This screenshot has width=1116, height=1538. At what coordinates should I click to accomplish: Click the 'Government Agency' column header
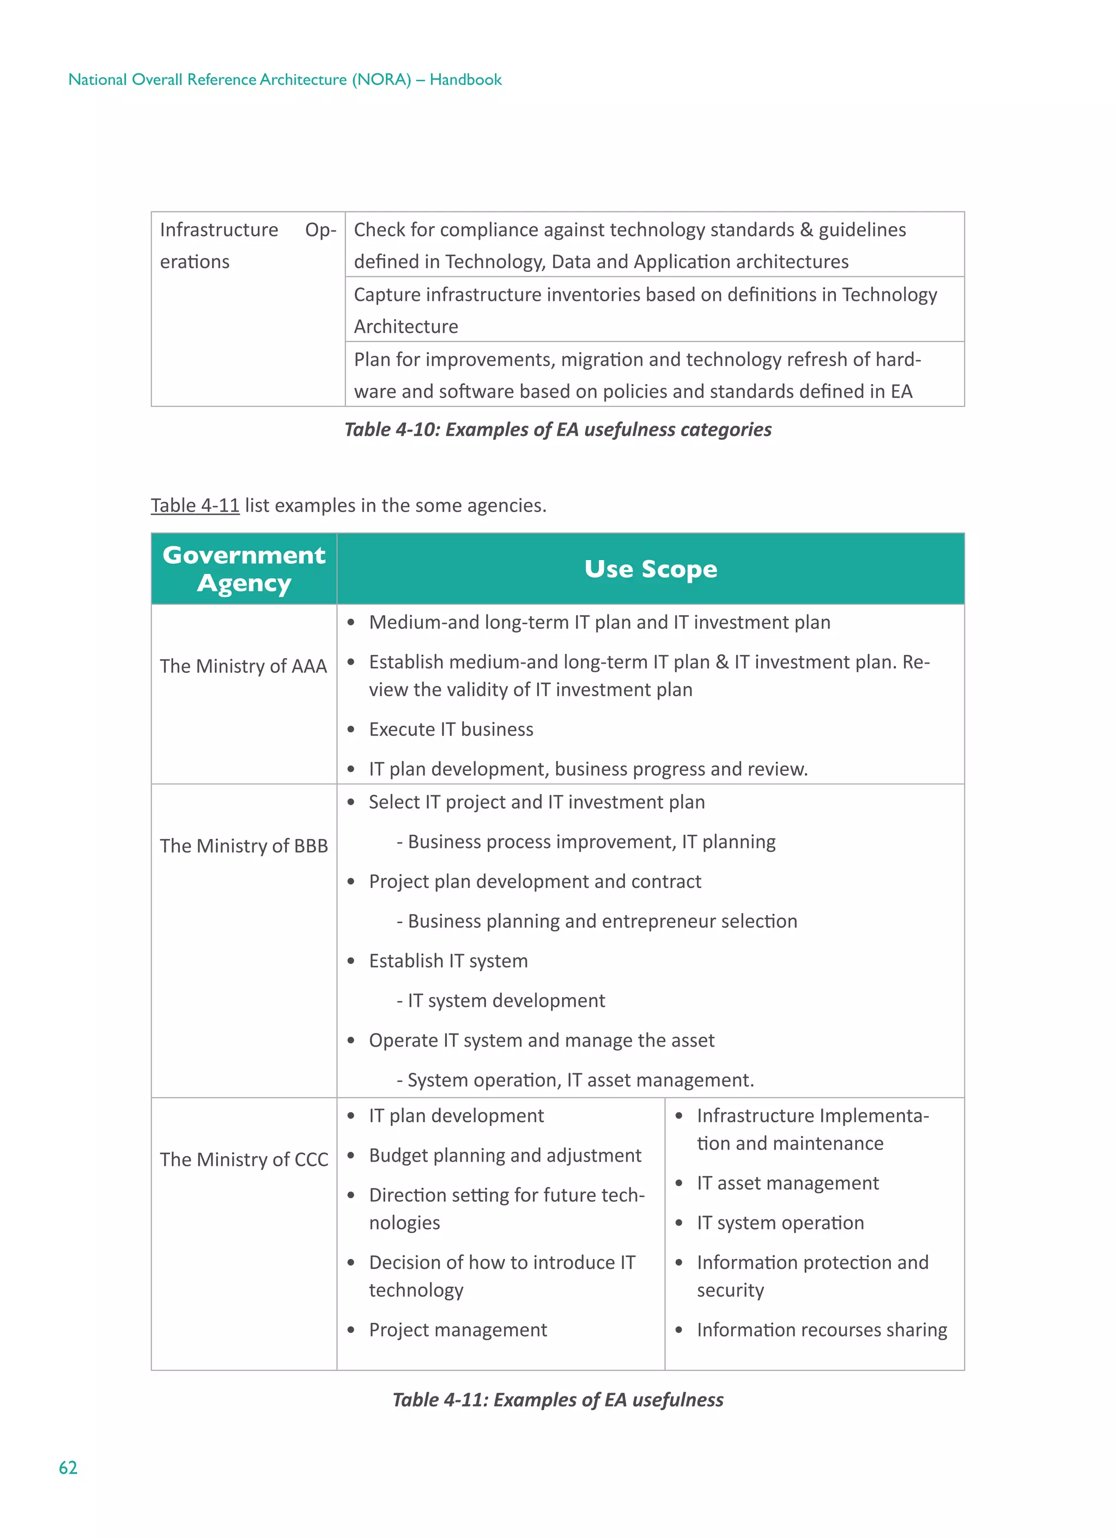pos(244,569)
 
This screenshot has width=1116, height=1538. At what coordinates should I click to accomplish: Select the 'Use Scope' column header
pos(650,569)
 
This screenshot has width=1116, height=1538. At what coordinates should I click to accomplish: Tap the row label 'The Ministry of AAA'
pos(243,666)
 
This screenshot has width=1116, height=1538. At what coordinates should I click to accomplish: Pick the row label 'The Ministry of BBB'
pos(244,846)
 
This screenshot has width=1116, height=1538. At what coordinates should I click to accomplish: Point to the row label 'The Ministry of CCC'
pos(244,1159)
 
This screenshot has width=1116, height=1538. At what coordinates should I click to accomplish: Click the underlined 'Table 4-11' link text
pos(195,505)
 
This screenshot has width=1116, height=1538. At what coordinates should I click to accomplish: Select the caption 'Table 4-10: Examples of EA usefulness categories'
pos(557,429)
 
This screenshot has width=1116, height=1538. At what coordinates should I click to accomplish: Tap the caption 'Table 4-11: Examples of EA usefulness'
pos(557,1400)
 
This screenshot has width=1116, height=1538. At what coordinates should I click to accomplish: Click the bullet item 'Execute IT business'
pos(451,729)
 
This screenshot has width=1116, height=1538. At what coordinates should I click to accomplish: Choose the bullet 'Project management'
pos(457,1330)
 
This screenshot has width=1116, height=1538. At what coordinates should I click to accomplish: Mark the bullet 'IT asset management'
pos(787,1183)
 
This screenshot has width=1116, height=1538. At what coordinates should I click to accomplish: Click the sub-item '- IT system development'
pos(501,1000)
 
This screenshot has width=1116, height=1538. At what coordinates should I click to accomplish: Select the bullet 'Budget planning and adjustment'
pos(505,1155)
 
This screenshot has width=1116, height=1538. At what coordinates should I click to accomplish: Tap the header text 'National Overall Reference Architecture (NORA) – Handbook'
pos(285,80)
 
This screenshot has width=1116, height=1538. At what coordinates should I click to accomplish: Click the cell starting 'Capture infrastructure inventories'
pos(645,310)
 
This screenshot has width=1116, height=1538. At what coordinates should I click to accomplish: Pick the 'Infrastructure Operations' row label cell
pos(247,246)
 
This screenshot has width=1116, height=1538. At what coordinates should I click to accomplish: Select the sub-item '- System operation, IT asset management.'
pos(575,1080)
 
